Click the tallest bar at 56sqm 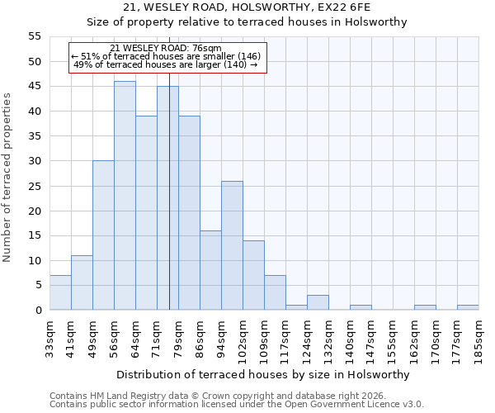coord(125,196)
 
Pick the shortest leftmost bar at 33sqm coord(60,292)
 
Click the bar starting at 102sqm coord(253,275)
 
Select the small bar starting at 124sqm coord(318,302)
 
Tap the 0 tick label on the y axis coord(37,311)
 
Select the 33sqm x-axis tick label coord(49,339)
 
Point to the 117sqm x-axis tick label coord(285,339)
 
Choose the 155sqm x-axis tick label coord(393,339)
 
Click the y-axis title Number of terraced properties coord(8,178)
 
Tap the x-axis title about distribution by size coord(264,374)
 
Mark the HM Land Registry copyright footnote coord(217,396)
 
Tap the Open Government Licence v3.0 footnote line coord(237,405)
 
